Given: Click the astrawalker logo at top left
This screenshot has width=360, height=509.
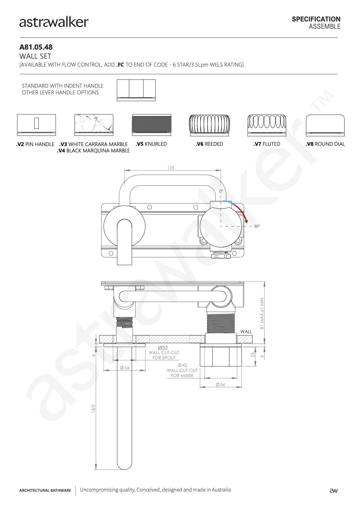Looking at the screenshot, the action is click(54, 22).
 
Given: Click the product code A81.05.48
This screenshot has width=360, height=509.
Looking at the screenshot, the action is click(36, 47).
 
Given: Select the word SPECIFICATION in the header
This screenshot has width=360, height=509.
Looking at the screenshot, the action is click(316, 19).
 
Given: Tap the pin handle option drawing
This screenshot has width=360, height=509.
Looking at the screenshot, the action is click(36, 125).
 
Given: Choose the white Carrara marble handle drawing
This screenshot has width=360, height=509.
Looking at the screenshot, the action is click(94, 125).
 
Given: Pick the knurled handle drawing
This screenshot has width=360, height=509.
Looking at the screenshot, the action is click(152, 125).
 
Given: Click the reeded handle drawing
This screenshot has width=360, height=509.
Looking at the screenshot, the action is click(209, 125).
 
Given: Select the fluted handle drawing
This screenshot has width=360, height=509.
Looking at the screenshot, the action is click(267, 125).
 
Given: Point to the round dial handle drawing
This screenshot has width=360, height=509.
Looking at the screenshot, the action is click(325, 125).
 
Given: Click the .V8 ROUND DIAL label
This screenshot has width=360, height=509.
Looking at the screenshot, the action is click(325, 144).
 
